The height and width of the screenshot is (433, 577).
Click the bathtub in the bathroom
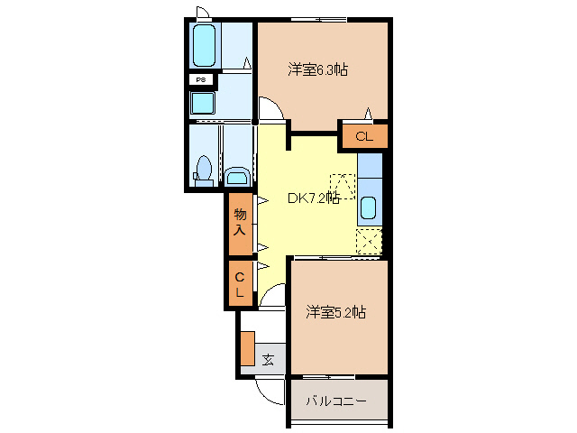205,45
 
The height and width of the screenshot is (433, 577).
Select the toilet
204,170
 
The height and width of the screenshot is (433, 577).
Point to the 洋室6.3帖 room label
318,69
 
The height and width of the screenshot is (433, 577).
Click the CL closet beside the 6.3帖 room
363,137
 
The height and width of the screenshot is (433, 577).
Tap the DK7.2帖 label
313,198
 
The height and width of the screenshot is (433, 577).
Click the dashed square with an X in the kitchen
368,242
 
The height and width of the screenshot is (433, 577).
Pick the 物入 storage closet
240,222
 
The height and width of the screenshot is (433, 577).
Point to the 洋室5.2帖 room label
334,312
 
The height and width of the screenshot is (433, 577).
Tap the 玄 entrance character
268,360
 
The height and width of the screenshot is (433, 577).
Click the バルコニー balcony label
334,400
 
